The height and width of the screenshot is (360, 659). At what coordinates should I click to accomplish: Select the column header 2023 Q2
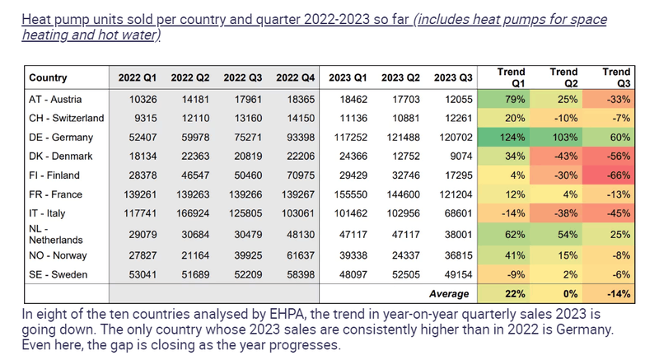click(401, 78)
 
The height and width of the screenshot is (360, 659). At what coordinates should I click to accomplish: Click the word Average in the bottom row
click(448, 293)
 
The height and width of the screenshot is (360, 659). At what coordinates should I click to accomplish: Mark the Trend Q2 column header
click(564, 77)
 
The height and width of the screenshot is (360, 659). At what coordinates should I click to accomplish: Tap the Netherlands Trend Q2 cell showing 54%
click(564, 235)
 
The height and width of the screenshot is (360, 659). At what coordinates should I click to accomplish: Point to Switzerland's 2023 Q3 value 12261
click(454, 118)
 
